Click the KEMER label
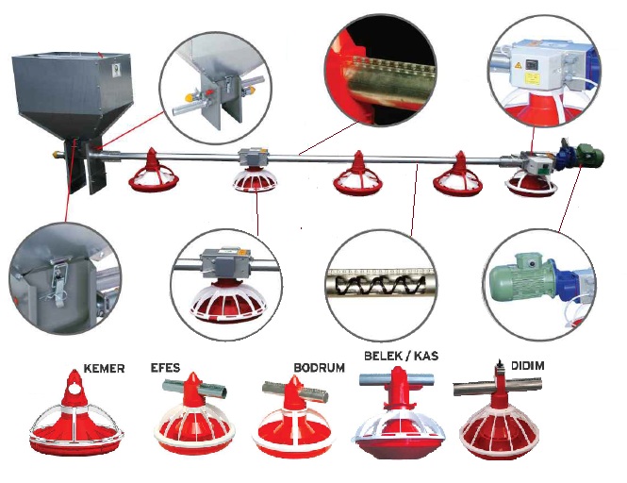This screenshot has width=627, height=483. (104, 368)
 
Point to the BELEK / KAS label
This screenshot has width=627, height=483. (401, 356)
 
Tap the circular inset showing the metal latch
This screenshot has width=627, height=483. (62, 278)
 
